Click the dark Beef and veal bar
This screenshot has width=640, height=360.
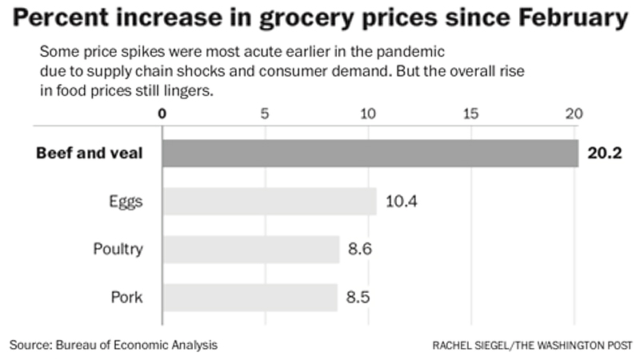point(370,153)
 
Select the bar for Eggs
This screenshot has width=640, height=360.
point(269,202)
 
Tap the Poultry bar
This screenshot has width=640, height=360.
point(250,249)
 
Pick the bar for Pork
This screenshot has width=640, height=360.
point(250,298)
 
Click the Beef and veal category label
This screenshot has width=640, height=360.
point(90,153)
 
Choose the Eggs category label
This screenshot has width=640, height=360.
point(126,202)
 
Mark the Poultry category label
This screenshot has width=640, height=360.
point(118,249)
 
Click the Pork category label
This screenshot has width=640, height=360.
point(126,298)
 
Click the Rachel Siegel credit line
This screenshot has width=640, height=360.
point(531,346)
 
